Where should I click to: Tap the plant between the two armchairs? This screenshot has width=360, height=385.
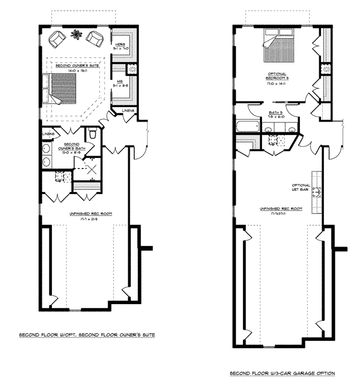[x=74, y=36]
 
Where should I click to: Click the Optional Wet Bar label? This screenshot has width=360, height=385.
[x=300, y=187]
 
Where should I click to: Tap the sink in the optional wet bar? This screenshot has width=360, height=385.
[x=315, y=194]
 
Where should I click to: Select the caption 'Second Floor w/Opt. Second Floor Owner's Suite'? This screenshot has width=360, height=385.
[x=87, y=335]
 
